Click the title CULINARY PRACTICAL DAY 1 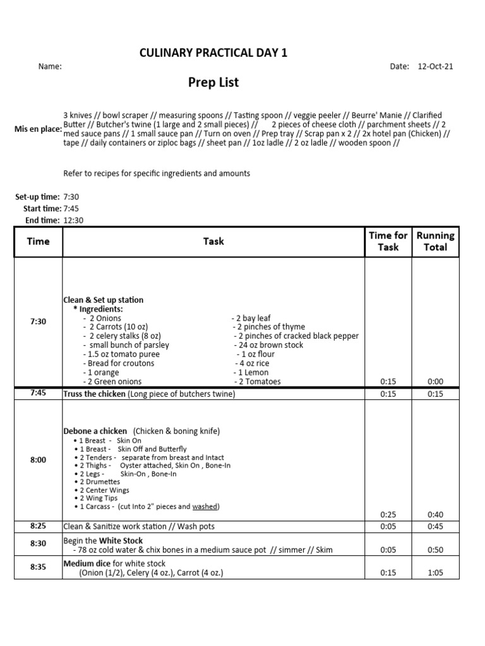(x=213, y=52)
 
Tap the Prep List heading (x=213, y=83)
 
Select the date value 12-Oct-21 (x=436, y=66)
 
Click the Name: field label (x=50, y=66)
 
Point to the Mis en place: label (x=38, y=129)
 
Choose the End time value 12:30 (x=73, y=220)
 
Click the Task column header (x=213, y=241)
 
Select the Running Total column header (x=435, y=241)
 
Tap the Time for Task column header (x=388, y=241)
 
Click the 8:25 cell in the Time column (x=38, y=526)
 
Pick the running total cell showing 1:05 (x=435, y=573)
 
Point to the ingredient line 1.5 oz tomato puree (x=122, y=354)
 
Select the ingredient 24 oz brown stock (x=270, y=345)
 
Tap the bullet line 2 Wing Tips (x=100, y=498)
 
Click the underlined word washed (x=205, y=507)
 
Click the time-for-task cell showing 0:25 (x=388, y=515)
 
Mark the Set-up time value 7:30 (x=71, y=197)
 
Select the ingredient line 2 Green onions (x=114, y=382)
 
